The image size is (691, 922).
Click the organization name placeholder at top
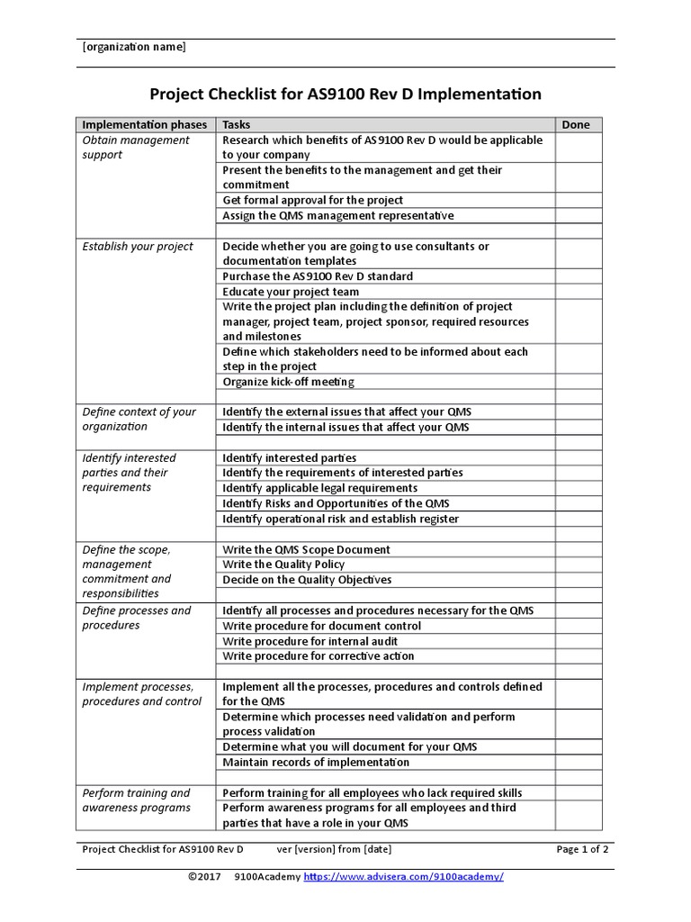tap(134, 48)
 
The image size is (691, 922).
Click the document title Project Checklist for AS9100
tap(345, 94)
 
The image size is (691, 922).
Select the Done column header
tap(576, 125)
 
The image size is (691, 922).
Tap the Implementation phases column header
tap(145, 125)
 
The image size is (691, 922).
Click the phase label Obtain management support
tap(136, 148)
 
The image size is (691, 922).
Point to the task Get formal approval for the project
tap(312, 200)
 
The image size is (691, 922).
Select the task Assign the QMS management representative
tap(338, 215)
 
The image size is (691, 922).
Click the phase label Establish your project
tap(138, 247)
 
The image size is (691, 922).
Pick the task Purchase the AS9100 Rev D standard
tap(318, 276)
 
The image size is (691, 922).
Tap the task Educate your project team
tap(291, 292)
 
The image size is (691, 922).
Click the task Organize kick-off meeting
tap(289, 382)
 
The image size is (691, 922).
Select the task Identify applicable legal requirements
tap(319, 488)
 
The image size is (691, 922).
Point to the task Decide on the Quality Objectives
tap(307, 580)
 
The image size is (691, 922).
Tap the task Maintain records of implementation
tap(316, 762)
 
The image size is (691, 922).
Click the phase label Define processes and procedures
tap(137, 618)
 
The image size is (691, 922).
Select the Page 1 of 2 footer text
tap(582, 848)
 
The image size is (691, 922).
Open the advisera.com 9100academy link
tap(403, 877)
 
